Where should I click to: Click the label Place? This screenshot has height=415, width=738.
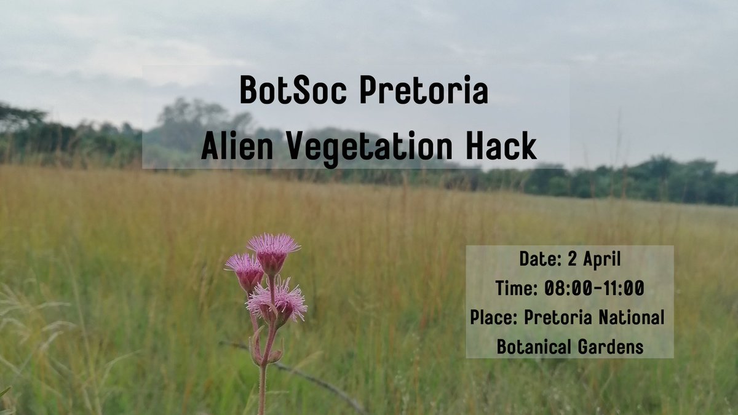point(494,317)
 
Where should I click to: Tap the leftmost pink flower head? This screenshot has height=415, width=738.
point(245,271)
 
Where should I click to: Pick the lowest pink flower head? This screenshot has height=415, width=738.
point(278,301)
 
